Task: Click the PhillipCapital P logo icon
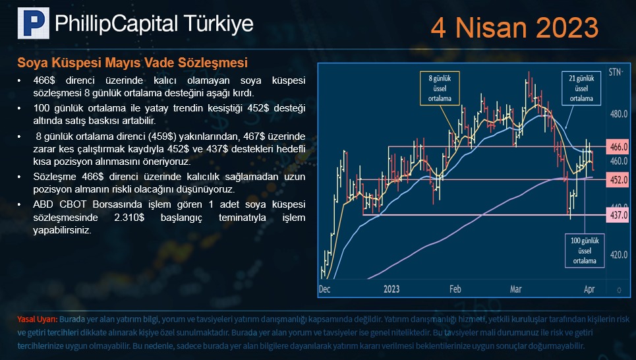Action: (x=33, y=23)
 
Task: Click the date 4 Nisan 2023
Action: (x=514, y=28)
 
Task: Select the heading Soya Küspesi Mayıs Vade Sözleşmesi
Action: (x=132, y=63)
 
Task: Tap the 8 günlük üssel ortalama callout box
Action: (x=440, y=88)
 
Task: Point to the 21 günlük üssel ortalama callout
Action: (x=581, y=88)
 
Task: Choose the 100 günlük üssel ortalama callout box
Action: (x=585, y=251)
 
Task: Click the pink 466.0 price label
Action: (x=618, y=147)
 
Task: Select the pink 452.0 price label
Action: (x=618, y=179)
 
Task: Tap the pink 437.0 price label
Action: (x=618, y=214)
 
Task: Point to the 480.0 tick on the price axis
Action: (x=619, y=114)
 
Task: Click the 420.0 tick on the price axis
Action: (x=619, y=255)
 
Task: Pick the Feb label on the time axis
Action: (x=455, y=289)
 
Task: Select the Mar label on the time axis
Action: (x=515, y=289)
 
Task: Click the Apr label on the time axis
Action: (x=589, y=289)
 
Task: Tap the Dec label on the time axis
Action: (x=324, y=289)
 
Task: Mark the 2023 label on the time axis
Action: (x=391, y=289)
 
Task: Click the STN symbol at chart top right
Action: (x=616, y=73)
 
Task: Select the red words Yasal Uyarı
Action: (x=38, y=319)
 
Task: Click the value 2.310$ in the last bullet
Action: (x=129, y=217)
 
